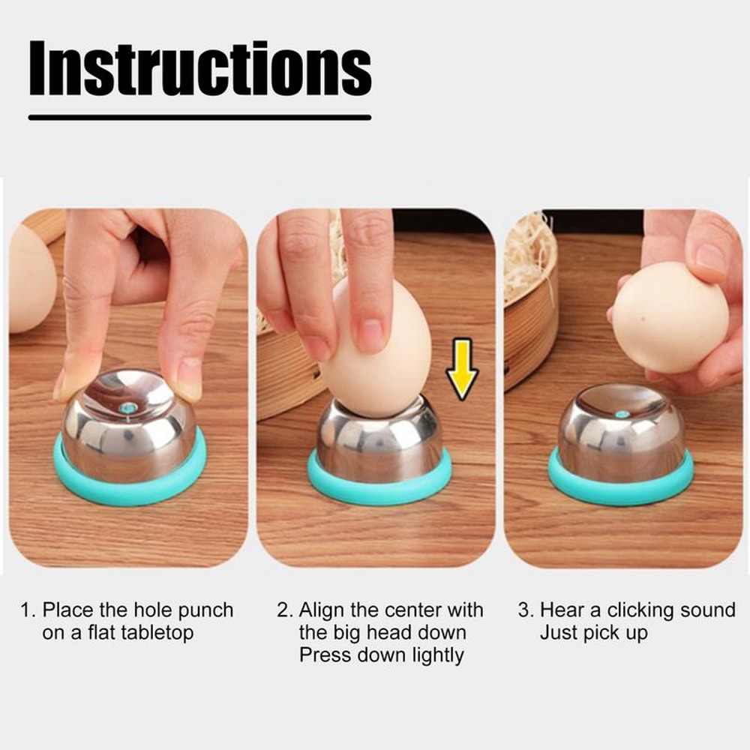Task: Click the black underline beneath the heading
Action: tap(199, 117)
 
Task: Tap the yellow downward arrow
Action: tap(462, 368)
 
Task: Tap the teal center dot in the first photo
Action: tap(127, 408)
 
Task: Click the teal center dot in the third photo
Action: tap(621, 413)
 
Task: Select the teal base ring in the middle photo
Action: tap(379, 487)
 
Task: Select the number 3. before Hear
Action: tap(526, 610)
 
